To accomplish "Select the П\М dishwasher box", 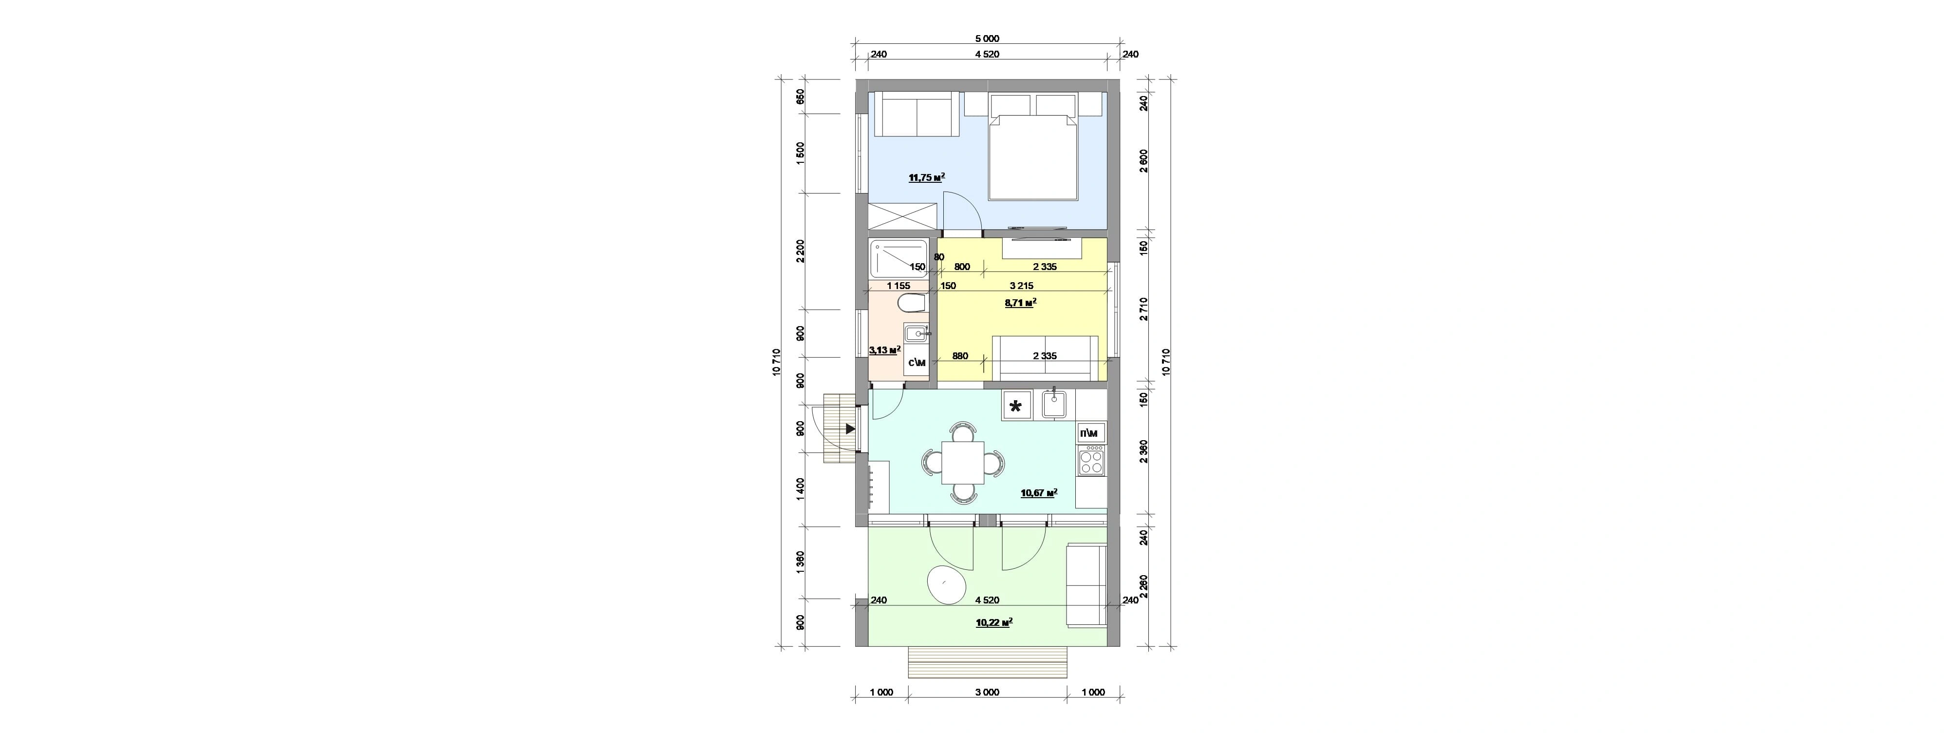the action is point(1090,433).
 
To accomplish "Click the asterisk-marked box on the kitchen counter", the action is point(1016,406).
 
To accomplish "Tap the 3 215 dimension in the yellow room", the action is point(1021,286).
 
